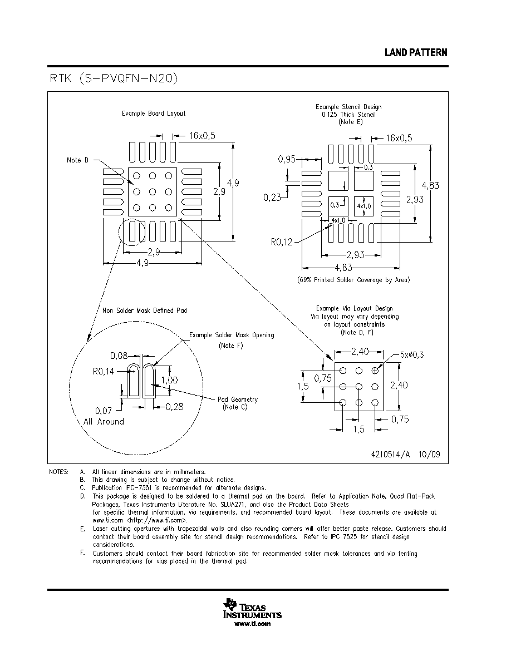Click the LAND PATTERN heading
tap(416, 53)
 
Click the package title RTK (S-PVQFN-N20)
tap(114, 78)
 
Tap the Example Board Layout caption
tap(154, 114)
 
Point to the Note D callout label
tap(77, 160)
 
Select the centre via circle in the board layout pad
tap(153, 192)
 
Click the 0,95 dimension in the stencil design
tap(287, 159)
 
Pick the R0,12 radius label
tap(282, 242)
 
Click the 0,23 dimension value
tap(272, 198)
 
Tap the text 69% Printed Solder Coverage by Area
tap(353, 280)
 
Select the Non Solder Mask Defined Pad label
tap(145, 310)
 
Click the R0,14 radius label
tap(104, 371)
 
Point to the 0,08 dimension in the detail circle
tap(119, 356)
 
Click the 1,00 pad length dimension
tap(169, 380)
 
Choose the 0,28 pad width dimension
tap(175, 407)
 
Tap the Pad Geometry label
tap(237, 399)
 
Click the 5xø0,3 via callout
tap(412, 354)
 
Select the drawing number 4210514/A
tap(390, 455)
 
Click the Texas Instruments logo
tap(252, 609)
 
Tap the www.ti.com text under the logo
tap(252, 624)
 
